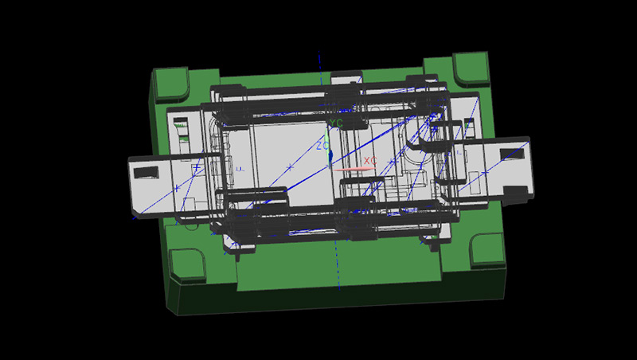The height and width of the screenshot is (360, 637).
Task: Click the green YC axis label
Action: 336,123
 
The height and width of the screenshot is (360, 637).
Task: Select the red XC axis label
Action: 370,161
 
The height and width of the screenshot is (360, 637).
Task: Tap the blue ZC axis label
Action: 323,145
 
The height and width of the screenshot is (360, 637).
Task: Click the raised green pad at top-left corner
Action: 170,84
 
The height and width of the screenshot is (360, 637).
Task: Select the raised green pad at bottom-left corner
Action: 188,265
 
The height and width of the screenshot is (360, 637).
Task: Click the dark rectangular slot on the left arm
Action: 147,172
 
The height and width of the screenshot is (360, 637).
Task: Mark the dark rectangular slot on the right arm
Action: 512,154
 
